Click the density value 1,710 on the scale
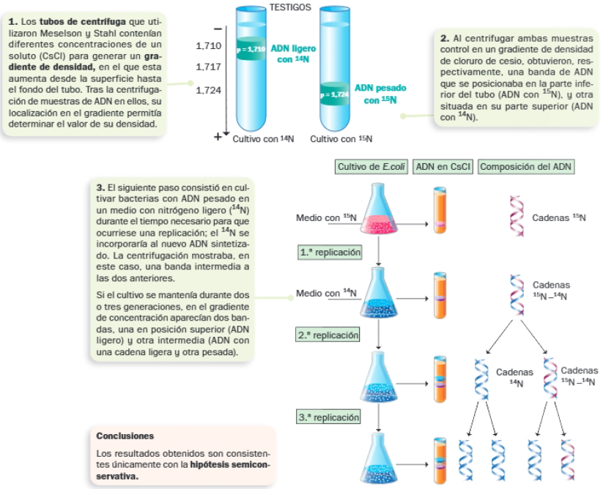point(209,46)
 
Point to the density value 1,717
point(209,67)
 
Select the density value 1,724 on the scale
point(209,92)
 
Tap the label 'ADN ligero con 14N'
point(293,53)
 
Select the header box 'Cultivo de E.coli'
point(371,166)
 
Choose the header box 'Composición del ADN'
point(526,166)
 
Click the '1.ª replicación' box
point(330,252)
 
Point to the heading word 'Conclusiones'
point(125,436)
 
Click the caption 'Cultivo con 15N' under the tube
point(341,138)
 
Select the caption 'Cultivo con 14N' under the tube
point(263,138)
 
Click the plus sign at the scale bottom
point(217,137)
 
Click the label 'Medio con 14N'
point(326,294)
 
